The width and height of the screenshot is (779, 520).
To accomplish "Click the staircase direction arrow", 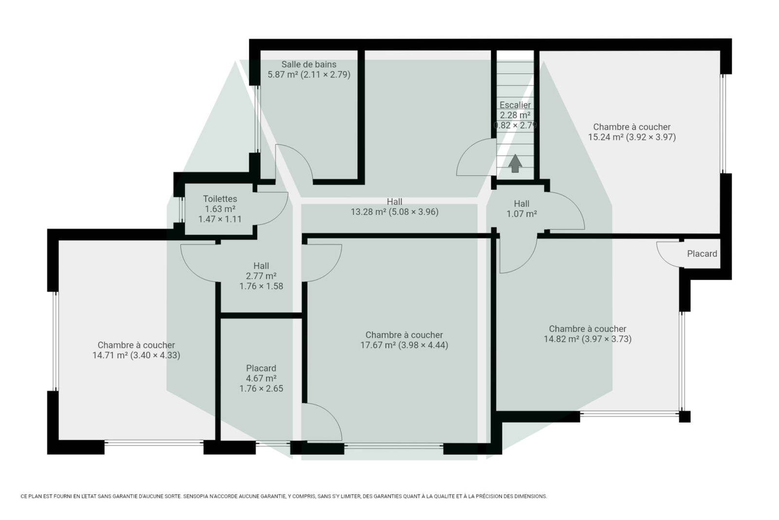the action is (x=515, y=163).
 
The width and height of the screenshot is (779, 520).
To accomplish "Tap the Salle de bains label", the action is (x=309, y=64).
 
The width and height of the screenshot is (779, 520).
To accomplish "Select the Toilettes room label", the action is (x=220, y=199).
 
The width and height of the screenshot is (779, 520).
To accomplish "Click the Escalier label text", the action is (x=515, y=105).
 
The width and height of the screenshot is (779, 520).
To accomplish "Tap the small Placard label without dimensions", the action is (x=702, y=254).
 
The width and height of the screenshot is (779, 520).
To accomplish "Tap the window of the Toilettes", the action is (x=182, y=210).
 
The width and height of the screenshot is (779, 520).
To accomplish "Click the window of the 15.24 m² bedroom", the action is (x=723, y=124).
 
